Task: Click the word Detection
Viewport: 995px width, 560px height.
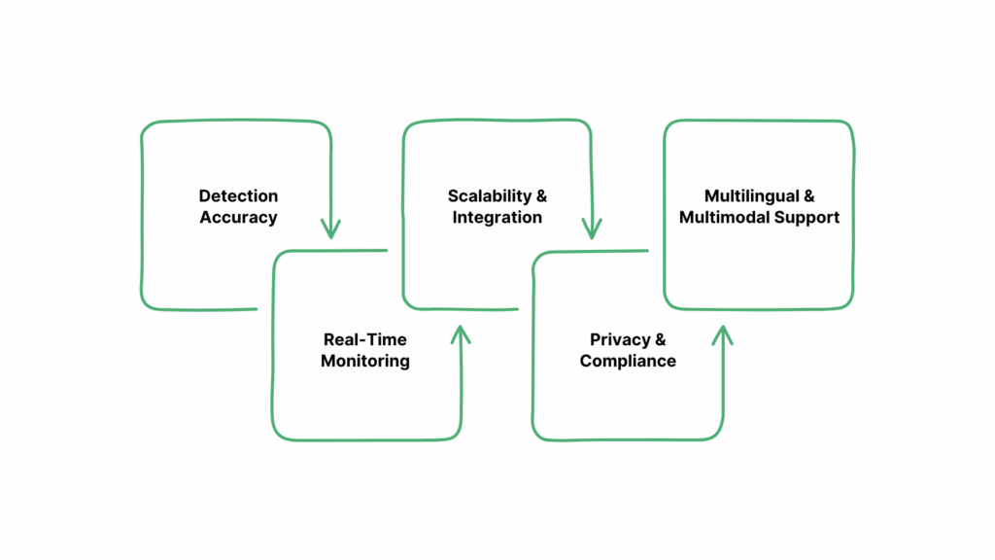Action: (238, 196)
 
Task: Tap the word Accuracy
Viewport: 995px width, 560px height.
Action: (238, 218)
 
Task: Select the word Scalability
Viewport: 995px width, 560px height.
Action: (487, 196)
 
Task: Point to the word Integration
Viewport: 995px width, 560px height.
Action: (497, 218)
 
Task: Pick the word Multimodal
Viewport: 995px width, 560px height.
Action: (725, 218)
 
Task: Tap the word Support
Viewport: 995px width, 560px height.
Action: (806, 218)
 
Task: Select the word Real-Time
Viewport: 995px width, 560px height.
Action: (364, 340)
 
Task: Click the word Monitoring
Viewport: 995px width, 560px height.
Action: (364, 362)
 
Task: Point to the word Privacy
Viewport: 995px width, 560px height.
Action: (618, 340)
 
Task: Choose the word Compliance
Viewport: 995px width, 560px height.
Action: (628, 362)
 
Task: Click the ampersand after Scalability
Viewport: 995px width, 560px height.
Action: (540, 196)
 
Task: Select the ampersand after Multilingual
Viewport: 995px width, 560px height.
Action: (809, 196)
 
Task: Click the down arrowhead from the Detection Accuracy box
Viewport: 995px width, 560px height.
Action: (330, 230)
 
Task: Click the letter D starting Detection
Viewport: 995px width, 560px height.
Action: (205, 196)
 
